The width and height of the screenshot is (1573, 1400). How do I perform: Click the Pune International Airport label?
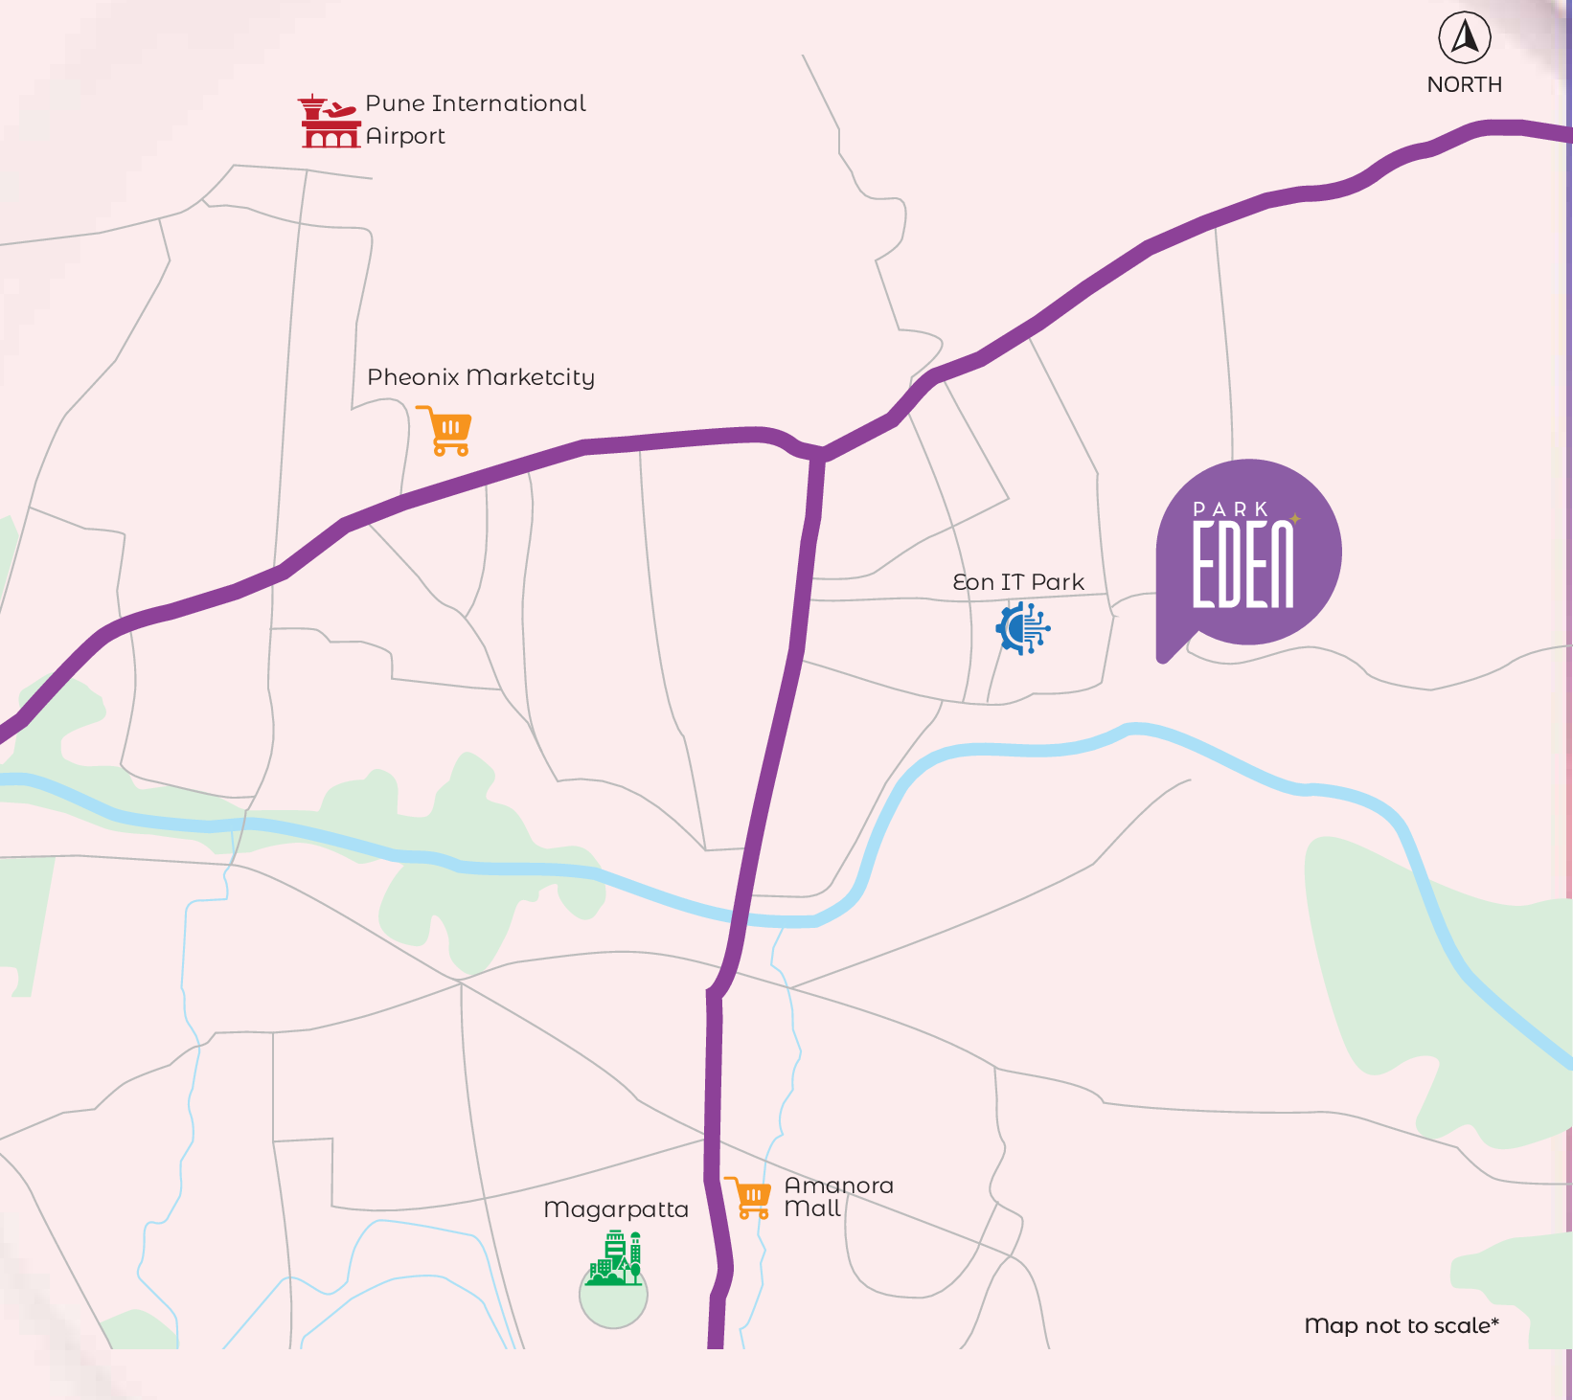coord(475,120)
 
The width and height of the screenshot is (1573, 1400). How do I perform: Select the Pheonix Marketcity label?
coord(481,377)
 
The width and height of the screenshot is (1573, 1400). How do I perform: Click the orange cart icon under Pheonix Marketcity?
coord(445,430)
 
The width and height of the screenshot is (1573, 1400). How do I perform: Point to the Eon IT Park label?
coord(1018,582)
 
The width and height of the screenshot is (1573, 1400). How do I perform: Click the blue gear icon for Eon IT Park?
coord(1023,628)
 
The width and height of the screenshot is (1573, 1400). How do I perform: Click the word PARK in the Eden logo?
coord(1231,509)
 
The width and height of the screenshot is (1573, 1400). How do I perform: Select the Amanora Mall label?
coord(838,1197)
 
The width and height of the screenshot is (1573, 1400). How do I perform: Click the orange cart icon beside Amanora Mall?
coord(749,1197)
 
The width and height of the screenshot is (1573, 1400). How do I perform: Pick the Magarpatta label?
coord(616,1209)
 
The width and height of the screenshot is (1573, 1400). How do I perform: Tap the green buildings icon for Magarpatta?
coord(615,1259)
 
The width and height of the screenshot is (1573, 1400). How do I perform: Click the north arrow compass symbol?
coord(1465,38)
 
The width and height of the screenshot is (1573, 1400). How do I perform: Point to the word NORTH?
coord(1464,84)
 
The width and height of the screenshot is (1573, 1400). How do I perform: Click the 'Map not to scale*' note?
coord(1402,1325)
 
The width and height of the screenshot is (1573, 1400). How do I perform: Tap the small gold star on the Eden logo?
coord(1295,519)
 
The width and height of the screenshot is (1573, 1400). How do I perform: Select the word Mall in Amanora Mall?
coord(812,1208)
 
